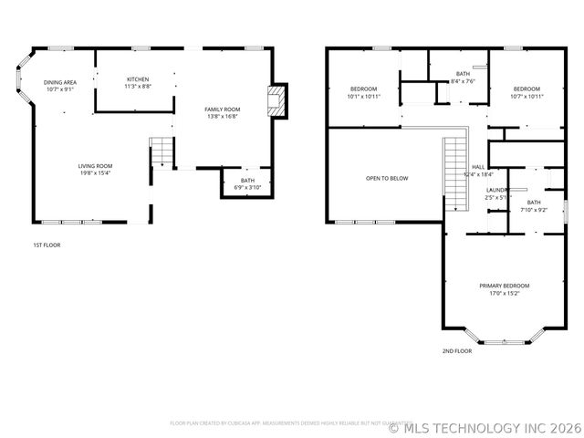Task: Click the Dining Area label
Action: [x=60, y=82]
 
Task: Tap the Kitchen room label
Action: [x=138, y=79]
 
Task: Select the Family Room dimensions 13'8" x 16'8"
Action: [x=222, y=117]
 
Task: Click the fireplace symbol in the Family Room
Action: [x=276, y=102]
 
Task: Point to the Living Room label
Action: [x=95, y=166]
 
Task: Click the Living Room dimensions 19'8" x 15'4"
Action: [x=95, y=173]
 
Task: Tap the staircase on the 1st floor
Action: [x=161, y=151]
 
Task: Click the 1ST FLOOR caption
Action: [x=47, y=245]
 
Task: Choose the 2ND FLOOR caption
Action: [x=457, y=350]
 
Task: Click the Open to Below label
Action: [x=387, y=178]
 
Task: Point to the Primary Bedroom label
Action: [x=504, y=286]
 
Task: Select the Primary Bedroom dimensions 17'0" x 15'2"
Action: [x=504, y=294]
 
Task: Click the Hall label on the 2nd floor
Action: [x=477, y=167]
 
